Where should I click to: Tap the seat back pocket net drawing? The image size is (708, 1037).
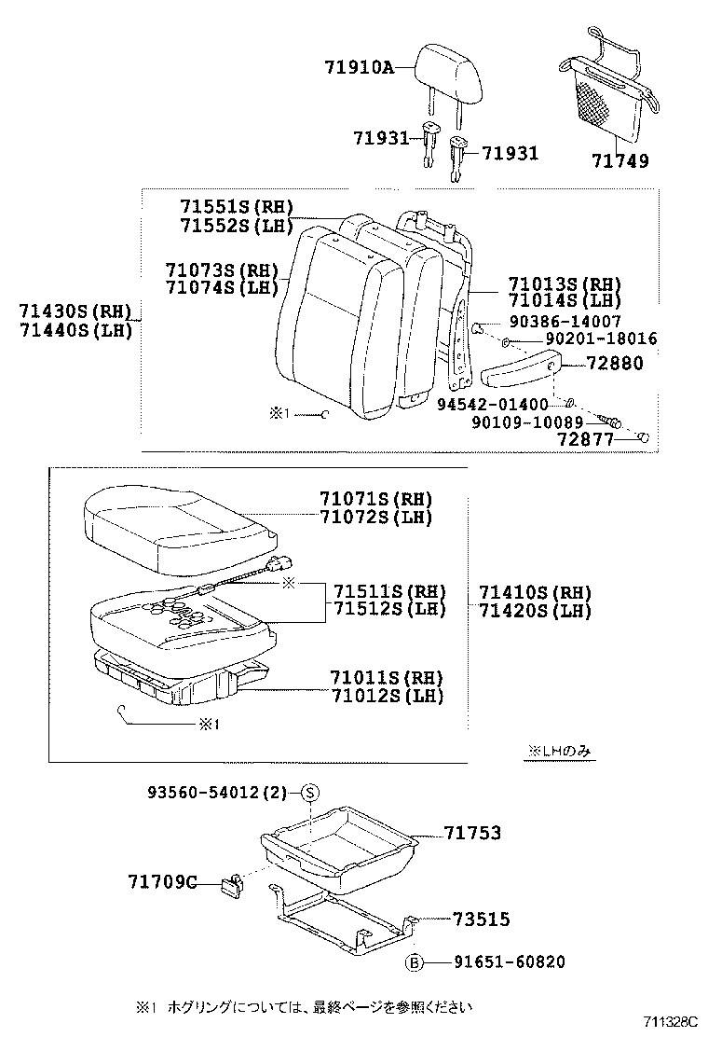(x=606, y=93)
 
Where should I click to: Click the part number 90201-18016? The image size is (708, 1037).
(x=601, y=339)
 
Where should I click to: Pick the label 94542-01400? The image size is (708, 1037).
(x=493, y=404)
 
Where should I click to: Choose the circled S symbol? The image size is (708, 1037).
(x=310, y=793)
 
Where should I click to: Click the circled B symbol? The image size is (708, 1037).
(x=414, y=962)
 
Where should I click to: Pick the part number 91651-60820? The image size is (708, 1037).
(x=510, y=962)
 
